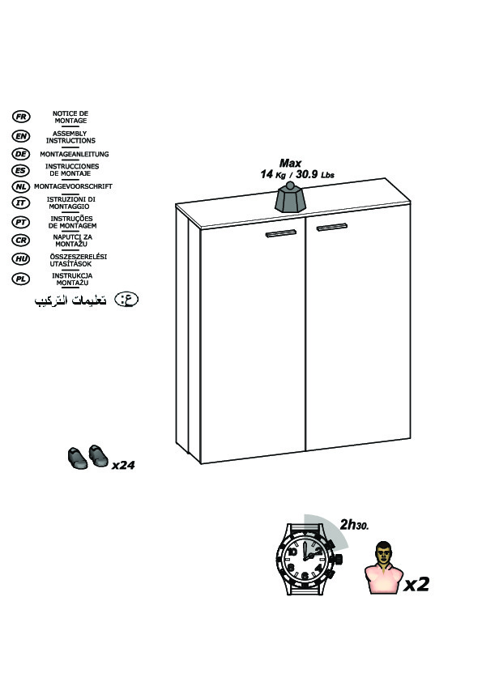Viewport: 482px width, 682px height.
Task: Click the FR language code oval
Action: click(x=21, y=117)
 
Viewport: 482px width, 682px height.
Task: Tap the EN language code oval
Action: click(x=21, y=136)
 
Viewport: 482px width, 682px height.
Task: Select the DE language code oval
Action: click(x=21, y=154)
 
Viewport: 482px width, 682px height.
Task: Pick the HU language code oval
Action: click(x=21, y=259)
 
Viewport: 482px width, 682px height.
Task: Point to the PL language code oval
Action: click(x=21, y=279)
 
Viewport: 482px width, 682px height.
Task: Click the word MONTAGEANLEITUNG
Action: click(x=75, y=154)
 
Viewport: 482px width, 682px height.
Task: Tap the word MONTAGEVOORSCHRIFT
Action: click(x=73, y=186)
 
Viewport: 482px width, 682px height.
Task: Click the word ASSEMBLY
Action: click(x=70, y=134)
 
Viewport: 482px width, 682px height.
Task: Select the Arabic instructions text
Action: click(x=70, y=301)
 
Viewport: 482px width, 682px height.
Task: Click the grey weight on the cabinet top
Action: click(x=290, y=198)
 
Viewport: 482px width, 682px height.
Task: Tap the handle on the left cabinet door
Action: click(x=281, y=233)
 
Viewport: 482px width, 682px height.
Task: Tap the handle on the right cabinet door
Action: click(x=332, y=227)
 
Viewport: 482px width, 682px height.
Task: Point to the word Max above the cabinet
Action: click(x=290, y=163)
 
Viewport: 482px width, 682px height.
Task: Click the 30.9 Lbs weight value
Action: click(x=315, y=175)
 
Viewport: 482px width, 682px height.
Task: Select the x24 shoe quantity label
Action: click(x=123, y=466)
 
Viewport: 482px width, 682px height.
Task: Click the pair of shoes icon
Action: click(x=87, y=457)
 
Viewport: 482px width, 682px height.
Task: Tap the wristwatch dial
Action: click(x=305, y=559)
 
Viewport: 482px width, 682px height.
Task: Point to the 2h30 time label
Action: click(x=354, y=525)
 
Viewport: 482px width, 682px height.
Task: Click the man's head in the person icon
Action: click(x=383, y=553)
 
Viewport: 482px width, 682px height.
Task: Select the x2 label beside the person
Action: click(x=416, y=584)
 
